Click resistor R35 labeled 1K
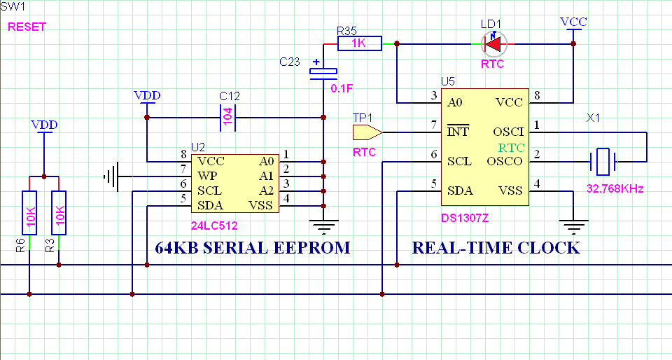tap(360, 44)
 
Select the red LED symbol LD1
tap(494, 44)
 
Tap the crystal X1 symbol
tap(603, 161)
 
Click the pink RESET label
tap(27, 27)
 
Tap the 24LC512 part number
tap(214, 226)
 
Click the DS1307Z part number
tap(464, 219)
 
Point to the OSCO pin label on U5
tap(507, 161)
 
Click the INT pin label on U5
tap(458, 131)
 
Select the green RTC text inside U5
tap(512, 147)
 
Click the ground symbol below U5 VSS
tap(574, 226)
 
